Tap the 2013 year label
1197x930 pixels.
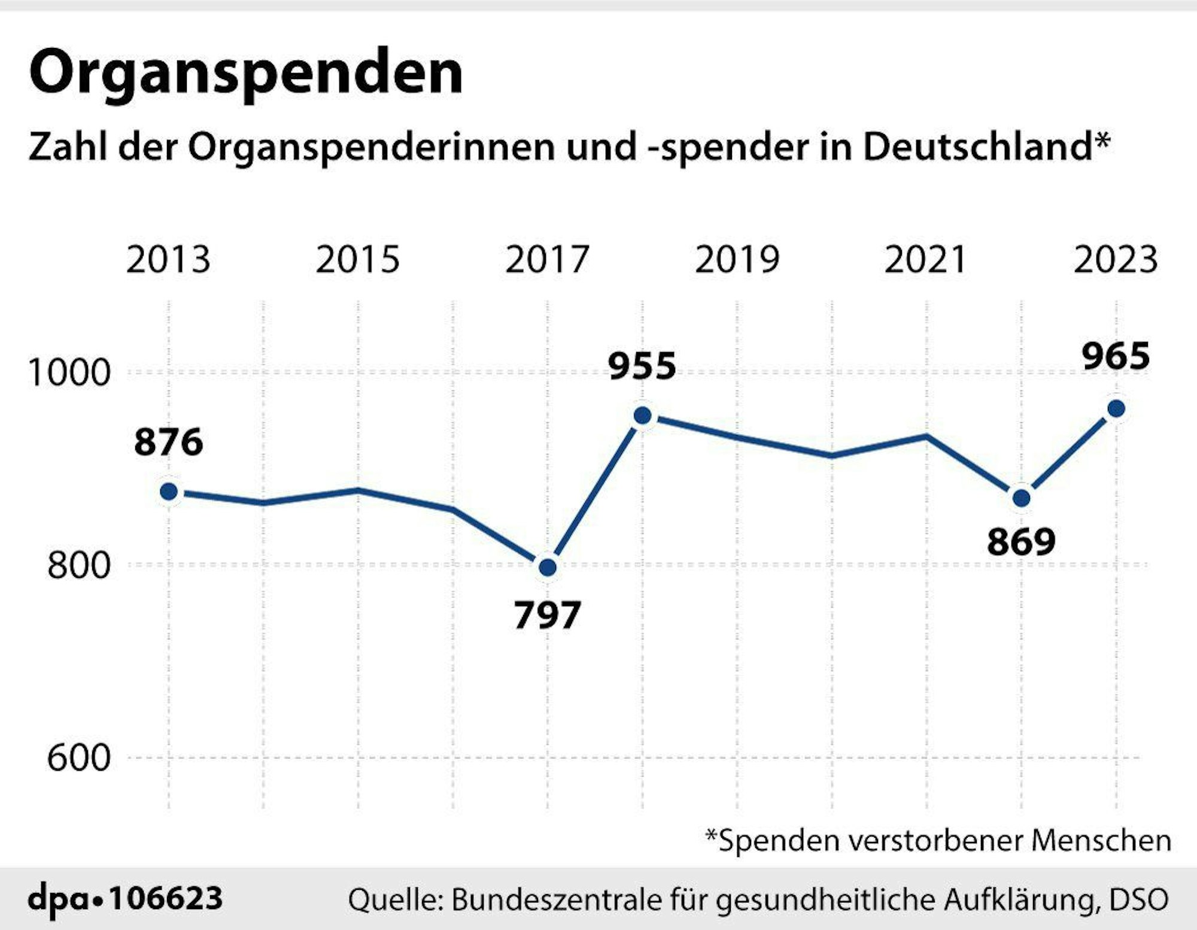tap(168, 260)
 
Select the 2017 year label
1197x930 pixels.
tap(547, 260)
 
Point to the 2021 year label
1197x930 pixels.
tap(926, 260)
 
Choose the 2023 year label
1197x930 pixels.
tap(1116, 260)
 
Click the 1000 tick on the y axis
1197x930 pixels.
tap(69, 372)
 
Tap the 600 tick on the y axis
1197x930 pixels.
tap(79, 758)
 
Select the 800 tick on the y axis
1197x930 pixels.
tap(79, 565)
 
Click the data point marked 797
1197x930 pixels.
tap(547, 567)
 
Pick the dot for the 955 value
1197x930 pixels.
tap(642, 415)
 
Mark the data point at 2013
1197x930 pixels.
tap(169, 492)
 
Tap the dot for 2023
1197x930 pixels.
tap(1116, 408)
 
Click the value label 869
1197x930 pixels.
tap(1021, 542)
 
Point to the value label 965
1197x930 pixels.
tap(1116, 356)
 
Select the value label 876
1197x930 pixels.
tap(168, 443)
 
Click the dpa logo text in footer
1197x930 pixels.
tap(60, 899)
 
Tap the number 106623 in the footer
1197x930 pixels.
tap(166, 898)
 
